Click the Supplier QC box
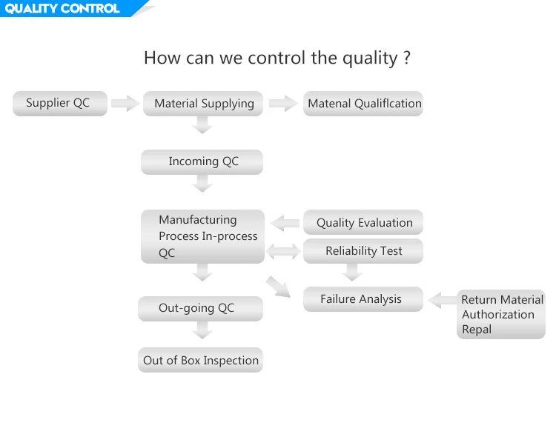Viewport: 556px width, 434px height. point(60,104)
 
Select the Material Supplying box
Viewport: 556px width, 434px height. point(203,104)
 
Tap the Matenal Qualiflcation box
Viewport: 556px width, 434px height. point(363,104)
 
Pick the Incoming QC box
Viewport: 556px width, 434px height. point(202,162)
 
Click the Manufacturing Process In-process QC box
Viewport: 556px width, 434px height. point(203,236)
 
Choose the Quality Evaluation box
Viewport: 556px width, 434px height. point(363,222)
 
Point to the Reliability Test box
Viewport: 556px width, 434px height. point(363,251)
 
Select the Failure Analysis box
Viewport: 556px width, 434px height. point(363,299)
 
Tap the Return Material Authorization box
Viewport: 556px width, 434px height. point(501,314)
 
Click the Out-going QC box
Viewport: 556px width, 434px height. point(201,309)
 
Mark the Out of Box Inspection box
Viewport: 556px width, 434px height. point(201,360)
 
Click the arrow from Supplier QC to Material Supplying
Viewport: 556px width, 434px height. point(125,103)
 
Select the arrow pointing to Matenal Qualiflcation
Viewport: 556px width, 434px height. point(283,103)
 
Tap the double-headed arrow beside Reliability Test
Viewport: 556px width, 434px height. point(283,252)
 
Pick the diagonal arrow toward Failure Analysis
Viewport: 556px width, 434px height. point(278,287)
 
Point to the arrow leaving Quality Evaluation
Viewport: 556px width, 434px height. point(285,223)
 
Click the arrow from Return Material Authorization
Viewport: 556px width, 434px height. point(442,300)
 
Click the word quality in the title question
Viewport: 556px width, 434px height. point(370,58)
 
